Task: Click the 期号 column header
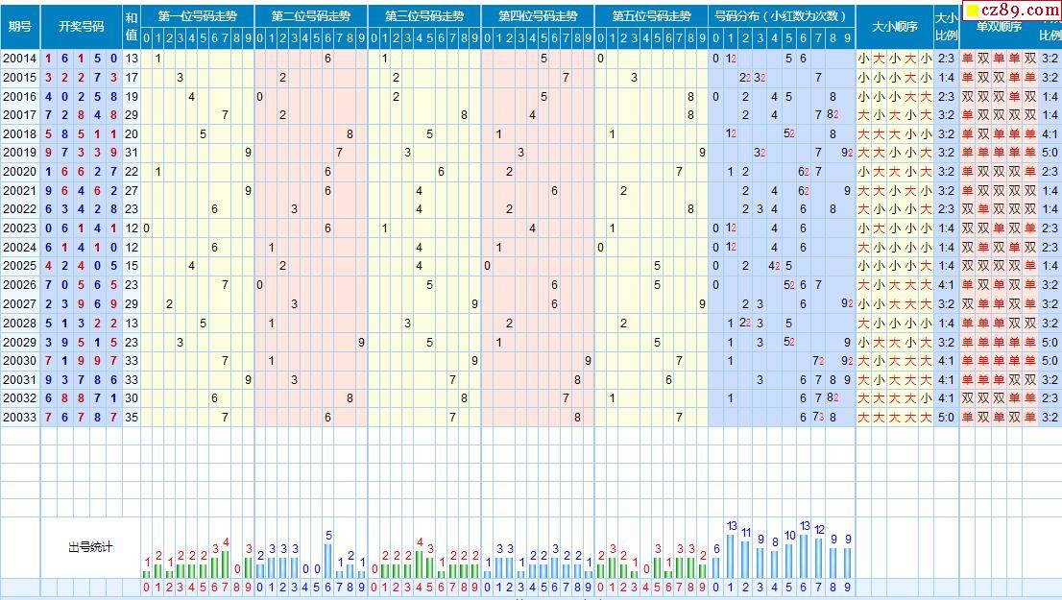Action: coord(19,26)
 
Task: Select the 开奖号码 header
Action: coord(81,26)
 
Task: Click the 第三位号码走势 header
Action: coord(424,16)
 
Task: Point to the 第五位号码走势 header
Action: coord(651,16)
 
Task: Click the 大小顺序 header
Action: coord(894,26)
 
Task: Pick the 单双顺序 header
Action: coord(999,26)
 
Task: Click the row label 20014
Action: coord(19,59)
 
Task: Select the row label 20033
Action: coord(19,417)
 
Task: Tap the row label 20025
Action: coord(19,266)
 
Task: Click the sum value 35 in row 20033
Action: coord(132,417)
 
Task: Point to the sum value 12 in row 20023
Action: coord(132,228)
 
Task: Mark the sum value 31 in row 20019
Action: coord(132,153)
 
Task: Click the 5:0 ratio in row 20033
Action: coord(946,417)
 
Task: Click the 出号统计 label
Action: coord(90,547)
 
